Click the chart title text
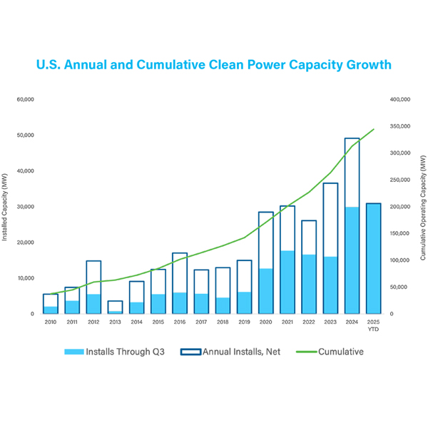[x=214, y=65]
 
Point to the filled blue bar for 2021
[x=287, y=282]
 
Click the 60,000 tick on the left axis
[x=24, y=99]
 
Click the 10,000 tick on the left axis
[x=26, y=278]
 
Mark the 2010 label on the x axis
[x=50, y=322]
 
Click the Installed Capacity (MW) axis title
[x=6, y=206]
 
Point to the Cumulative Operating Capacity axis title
[x=422, y=206]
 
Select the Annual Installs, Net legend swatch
[x=190, y=352]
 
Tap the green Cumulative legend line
[x=302, y=352]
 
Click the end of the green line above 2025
[x=374, y=130]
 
